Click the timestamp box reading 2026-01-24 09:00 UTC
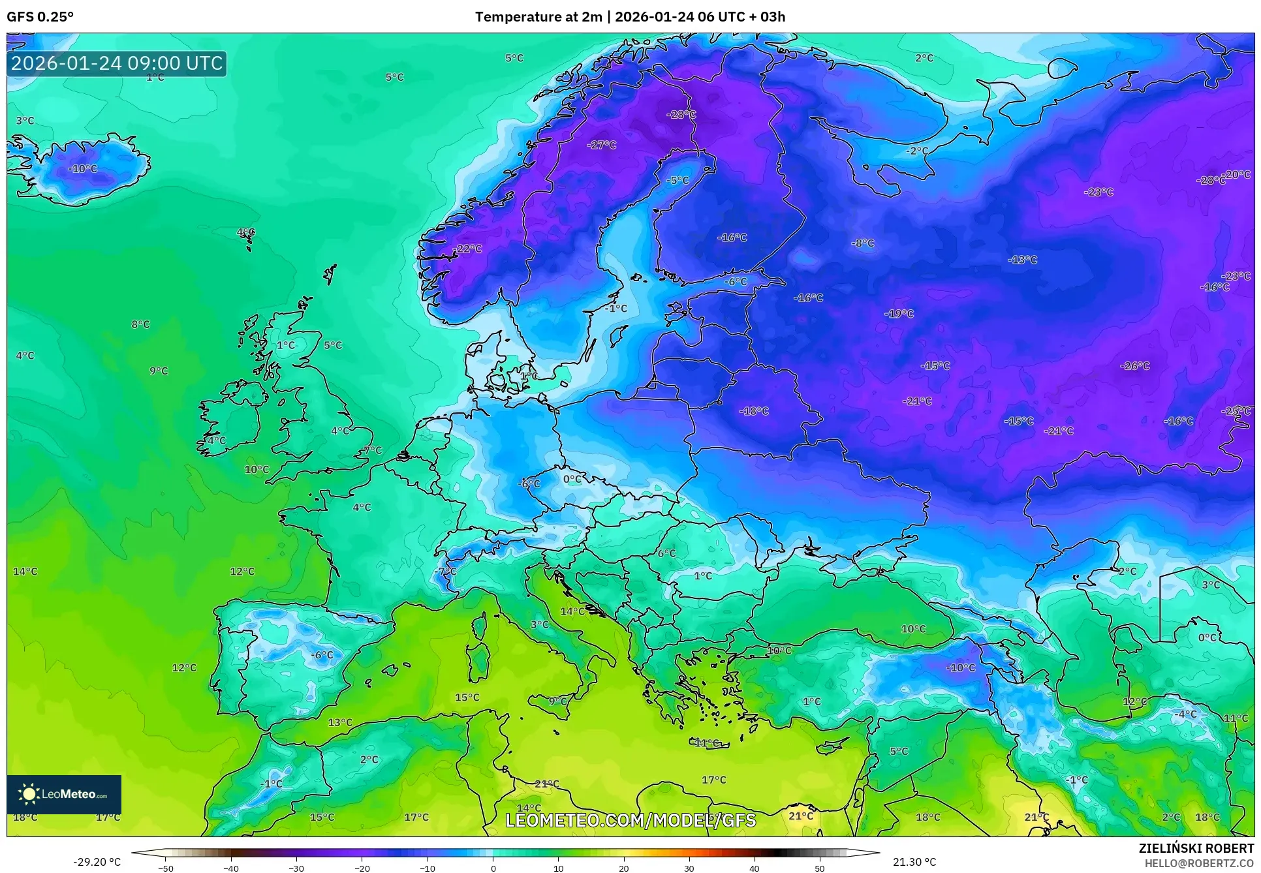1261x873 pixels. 117,63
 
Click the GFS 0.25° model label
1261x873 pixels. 40,17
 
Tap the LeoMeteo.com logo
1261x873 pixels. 64,794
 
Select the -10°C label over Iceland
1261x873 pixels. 83,168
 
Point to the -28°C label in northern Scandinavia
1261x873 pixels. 681,114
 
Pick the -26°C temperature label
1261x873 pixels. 1135,365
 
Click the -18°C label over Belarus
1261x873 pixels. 754,411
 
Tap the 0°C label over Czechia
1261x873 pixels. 572,479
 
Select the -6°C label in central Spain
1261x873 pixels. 322,654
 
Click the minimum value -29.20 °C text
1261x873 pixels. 97,862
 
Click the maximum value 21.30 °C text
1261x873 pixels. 914,862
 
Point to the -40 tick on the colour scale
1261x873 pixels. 231,868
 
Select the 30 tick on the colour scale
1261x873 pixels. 689,868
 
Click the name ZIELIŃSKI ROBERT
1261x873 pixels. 1196,848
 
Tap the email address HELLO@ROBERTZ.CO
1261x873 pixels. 1199,863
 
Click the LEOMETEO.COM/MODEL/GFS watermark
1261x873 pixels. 630,820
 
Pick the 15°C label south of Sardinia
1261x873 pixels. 467,697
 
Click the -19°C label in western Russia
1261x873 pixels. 899,314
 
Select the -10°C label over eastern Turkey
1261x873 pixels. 961,667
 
